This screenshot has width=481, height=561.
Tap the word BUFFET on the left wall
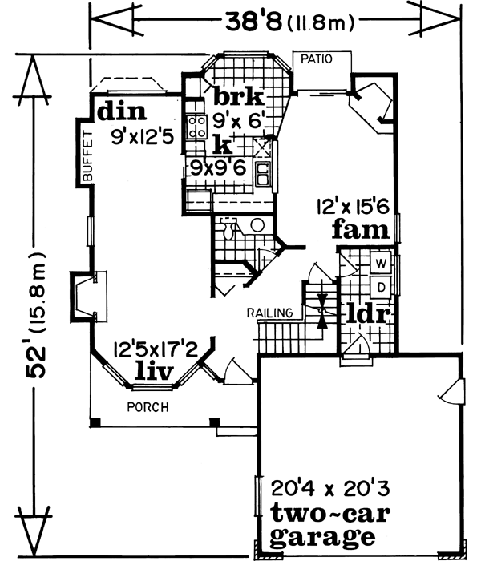point(88,155)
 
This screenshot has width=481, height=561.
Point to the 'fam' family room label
point(362,231)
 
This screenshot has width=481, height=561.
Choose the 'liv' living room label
point(155,369)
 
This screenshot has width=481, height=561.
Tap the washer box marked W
point(382,262)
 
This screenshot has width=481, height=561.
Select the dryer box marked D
point(382,285)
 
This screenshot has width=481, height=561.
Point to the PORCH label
point(148,406)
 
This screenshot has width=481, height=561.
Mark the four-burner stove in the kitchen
point(196,126)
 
